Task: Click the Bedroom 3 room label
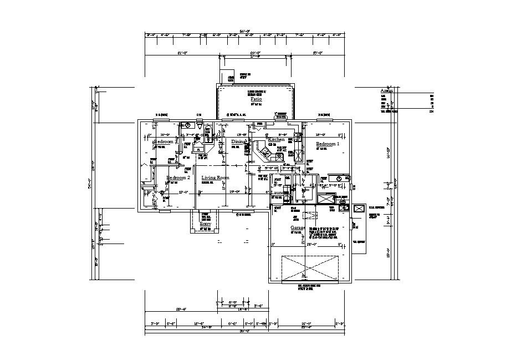[165, 142]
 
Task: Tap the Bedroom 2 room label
[178, 178]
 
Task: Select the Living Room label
[215, 178]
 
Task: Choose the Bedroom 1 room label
[328, 144]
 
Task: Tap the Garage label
[298, 228]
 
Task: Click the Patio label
[256, 99]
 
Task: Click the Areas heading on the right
[386, 90]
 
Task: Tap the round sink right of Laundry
[338, 178]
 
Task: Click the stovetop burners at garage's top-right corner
[344, 208]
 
